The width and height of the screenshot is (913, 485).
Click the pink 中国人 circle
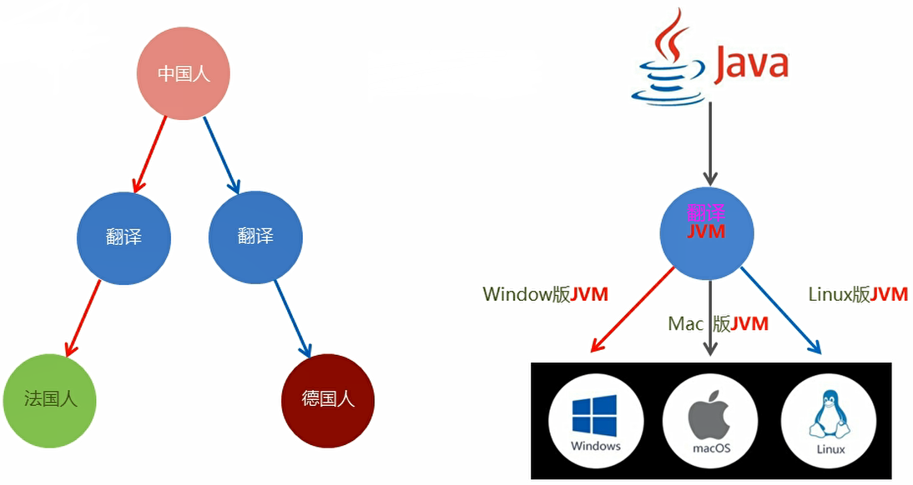coord(184,73)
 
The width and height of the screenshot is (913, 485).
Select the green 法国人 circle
coord(50,400)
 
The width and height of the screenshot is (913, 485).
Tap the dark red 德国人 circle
coord(328,400)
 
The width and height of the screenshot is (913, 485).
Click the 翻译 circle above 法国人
coord(124,237)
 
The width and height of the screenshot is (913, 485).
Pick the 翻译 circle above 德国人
coord(255,237)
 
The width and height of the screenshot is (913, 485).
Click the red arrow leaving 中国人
coord(150,154)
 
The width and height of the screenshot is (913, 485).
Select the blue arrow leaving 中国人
coord(222,154)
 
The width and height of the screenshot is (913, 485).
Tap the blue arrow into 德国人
coord(292,317)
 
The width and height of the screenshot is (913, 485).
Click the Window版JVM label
coord(545,294)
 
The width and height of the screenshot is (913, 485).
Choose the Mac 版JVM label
coord(718,324)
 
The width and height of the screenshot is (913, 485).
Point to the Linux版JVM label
coord(857,294)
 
